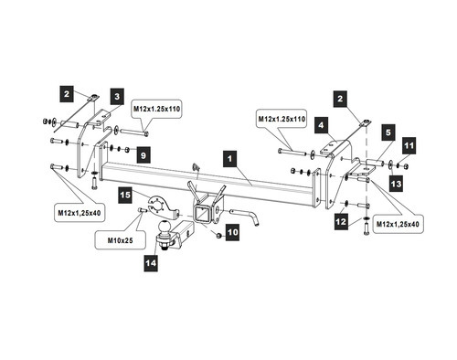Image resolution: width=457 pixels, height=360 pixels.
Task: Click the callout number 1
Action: pyautogui.click(x=229, y=159)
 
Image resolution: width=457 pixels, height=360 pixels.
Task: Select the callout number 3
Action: pyautogui.click(x=117, y=97)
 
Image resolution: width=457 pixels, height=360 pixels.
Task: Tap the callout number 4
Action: pyautogui.click(x=321, y=124)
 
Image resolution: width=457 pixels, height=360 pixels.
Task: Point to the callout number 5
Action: pyautogui.click(x=388, y=132)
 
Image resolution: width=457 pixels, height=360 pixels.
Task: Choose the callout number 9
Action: pyautogui.click(x=143, y=155)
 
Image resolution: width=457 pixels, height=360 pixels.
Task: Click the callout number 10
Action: pyautogui.click(x=232, y=232)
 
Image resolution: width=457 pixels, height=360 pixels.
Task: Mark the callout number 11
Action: pyautogui.click(x=409, y=145)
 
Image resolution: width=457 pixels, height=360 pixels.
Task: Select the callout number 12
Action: pyautogui.click(x=341, y=221)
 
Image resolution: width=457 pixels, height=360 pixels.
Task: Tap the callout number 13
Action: pyautogui.click(x=396, y=184)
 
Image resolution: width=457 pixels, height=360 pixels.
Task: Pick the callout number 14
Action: pyautogui.click(x=151, y=263)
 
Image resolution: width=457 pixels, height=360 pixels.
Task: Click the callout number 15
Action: pyautogui.click(x=125, y=195)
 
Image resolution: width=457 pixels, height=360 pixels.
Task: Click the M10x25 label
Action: pyautogui.click(x=120, y=240)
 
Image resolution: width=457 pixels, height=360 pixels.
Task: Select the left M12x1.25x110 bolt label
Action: pyautogui.click(x=156, y=109)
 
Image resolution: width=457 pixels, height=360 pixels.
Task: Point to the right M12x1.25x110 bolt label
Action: pyautogui.click(x=282, y=119)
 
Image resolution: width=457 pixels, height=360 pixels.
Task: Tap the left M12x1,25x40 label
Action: pyautogui.click(x=80, y=213)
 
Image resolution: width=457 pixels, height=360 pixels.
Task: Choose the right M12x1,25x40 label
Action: pyautogui.click(x=398, y=224)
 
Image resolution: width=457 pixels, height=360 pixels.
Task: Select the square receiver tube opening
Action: pyautogui.click(x=201, y=215)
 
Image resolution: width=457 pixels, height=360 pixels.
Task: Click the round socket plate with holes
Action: pyautogui.click(x=159, y=206)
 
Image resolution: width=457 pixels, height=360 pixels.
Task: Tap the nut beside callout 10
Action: pyautogui.click(x=218, y=236)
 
